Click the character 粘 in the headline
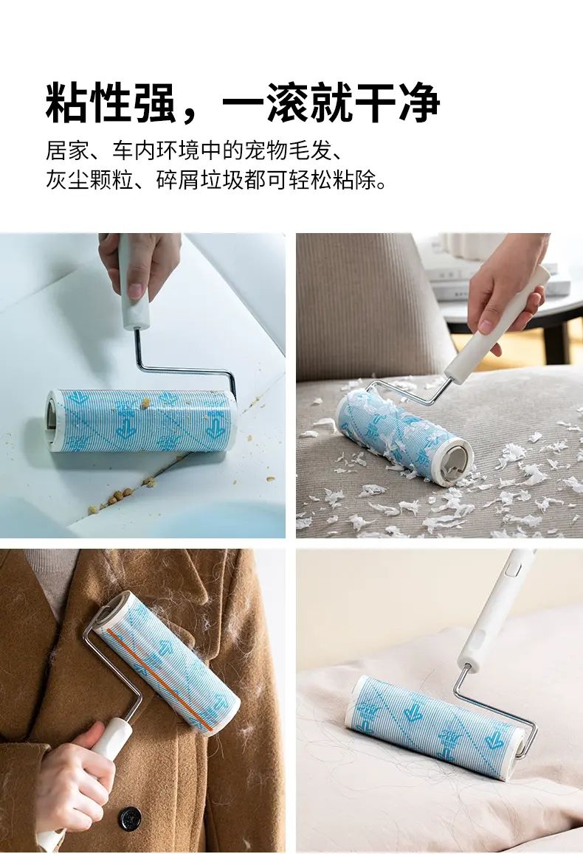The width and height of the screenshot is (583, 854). pyautogui.click(x=67, y=102)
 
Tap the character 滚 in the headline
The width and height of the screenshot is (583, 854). pyautogui.click(x=287, y=102)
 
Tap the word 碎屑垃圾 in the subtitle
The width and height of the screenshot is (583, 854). pyautogui.click(x=200, y=179)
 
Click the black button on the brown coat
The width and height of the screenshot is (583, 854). pyautogui.click(x=130, y=818)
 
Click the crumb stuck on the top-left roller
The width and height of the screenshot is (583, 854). pyautogui.click(x=145, y=403)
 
